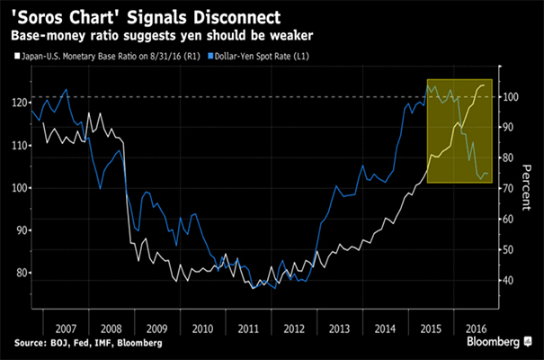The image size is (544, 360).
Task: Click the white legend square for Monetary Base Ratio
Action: click(x=19, y=58)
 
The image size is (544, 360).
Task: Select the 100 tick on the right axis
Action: click(x=509, y=96)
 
